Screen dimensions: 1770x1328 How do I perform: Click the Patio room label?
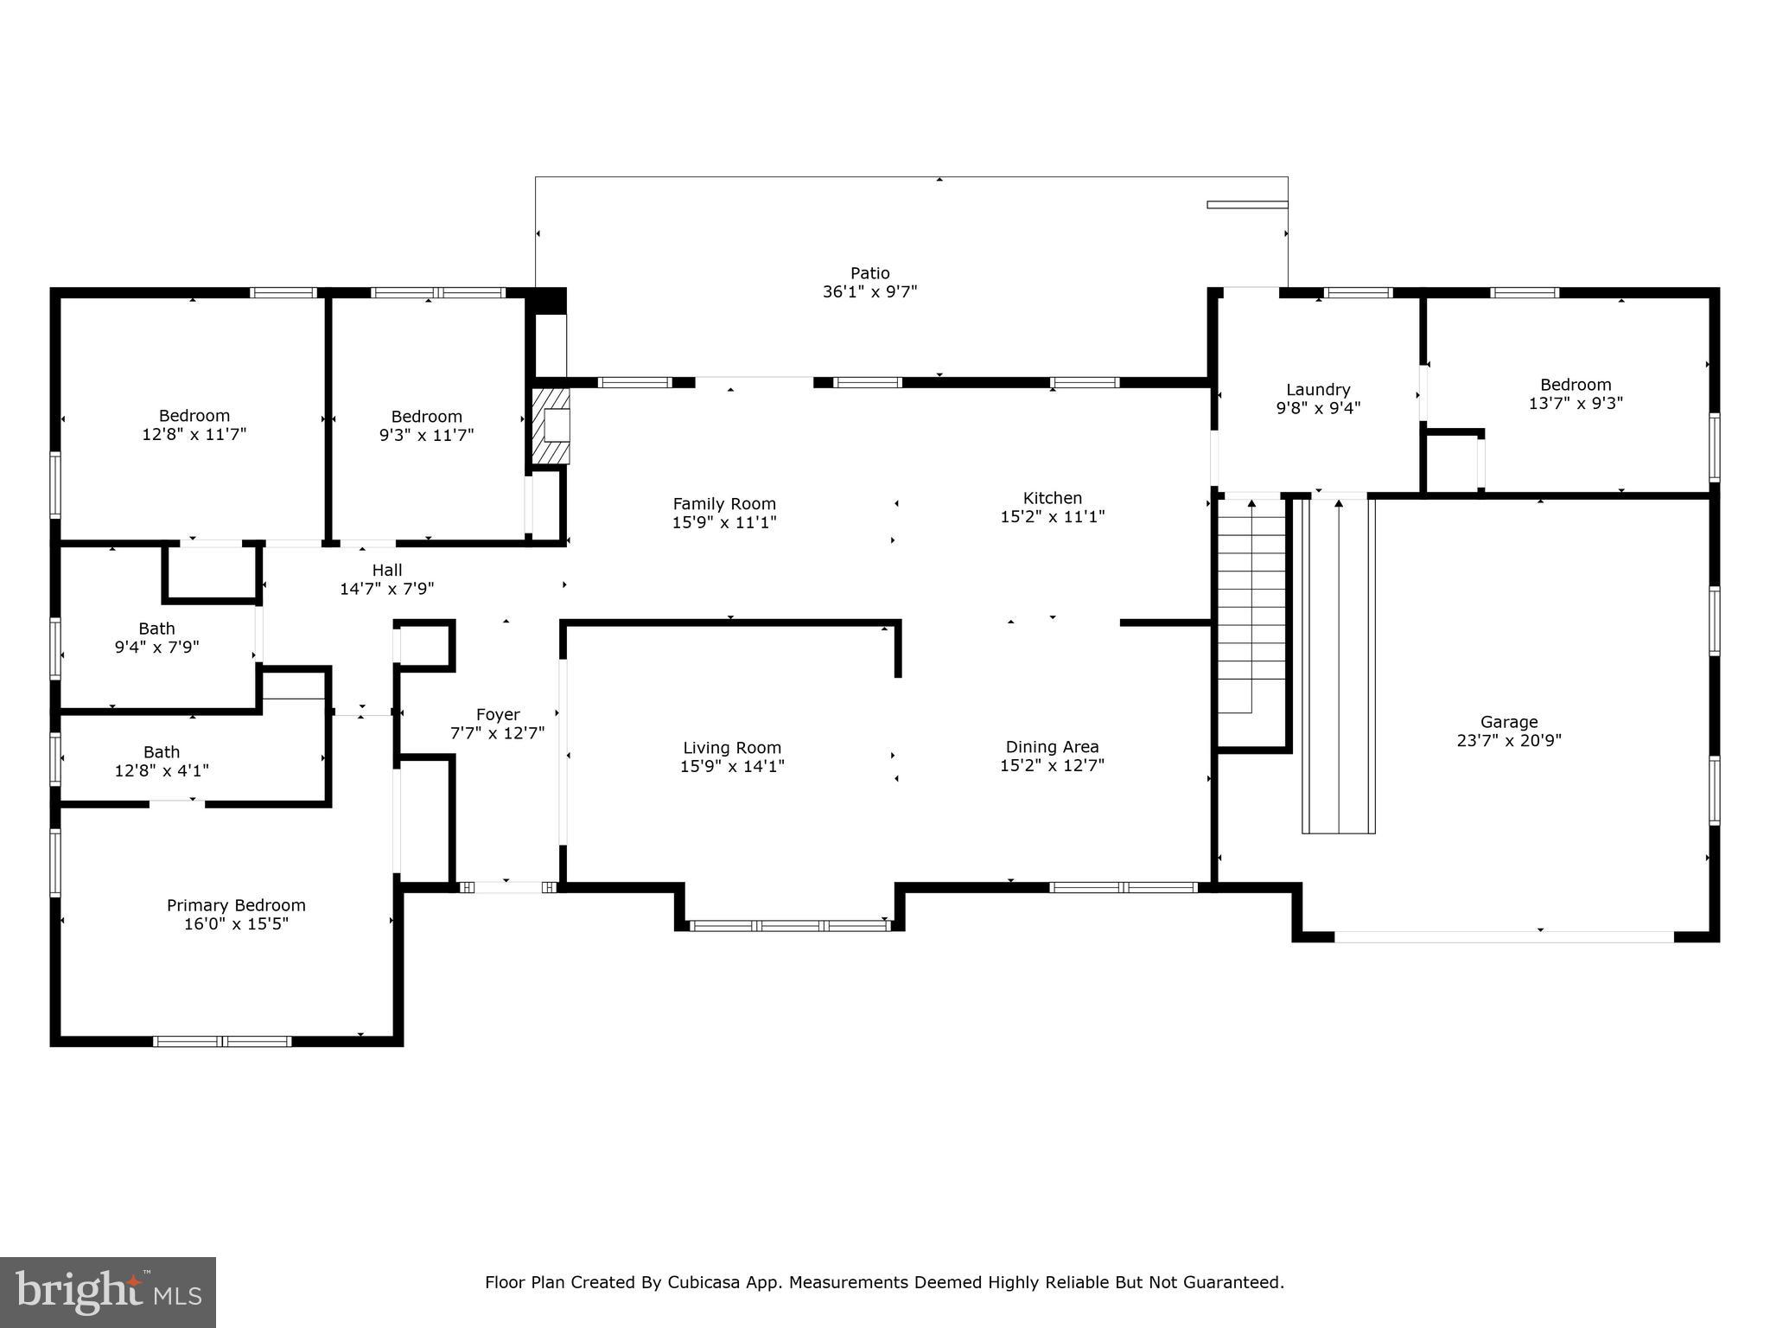tap(869, 273)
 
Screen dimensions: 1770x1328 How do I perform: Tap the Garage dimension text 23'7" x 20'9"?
tap(1509, 740)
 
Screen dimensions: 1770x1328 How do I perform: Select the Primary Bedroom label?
tap(236, 905)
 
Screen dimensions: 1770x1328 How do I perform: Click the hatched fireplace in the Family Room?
tap(551, 425)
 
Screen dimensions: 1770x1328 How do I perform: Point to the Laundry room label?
tap(1318, 390)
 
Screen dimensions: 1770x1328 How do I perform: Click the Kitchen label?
tap(1053, 498)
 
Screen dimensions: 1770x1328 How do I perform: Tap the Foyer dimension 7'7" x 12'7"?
tap(498, 733)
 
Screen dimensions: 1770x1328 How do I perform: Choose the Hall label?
tap(387, 570)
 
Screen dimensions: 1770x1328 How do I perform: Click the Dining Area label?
tap(1053, 747)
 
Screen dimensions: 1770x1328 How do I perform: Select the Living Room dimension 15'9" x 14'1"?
tap(732, 766)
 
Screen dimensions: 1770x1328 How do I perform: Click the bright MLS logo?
tap(108, 1293)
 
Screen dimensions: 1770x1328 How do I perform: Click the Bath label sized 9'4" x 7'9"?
tap(156, 629)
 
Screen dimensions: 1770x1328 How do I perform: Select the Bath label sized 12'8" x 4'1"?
tap(162, 752)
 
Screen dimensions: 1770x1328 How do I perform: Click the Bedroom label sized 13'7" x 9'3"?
tap(1576, 385)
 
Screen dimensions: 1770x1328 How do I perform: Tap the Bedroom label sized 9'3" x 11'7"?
tap(427, 417)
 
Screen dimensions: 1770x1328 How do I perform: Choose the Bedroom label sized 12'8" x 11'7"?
tap(194, 417)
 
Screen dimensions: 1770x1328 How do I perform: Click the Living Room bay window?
tap(790, 925)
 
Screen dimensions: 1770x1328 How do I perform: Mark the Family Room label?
tap(724, 504)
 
